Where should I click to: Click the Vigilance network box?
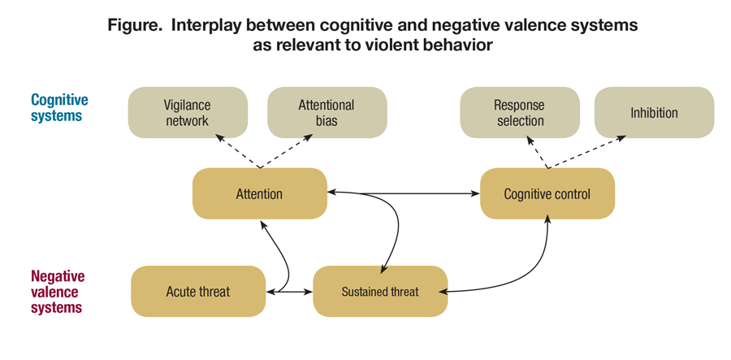187,112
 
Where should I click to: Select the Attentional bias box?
327,112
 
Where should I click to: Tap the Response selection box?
519,112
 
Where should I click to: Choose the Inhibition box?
654,112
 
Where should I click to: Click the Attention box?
259,193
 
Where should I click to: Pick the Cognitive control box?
547,193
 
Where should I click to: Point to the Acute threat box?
198,291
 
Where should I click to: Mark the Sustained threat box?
380,291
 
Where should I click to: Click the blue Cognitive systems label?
59,107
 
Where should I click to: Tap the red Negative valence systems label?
58,292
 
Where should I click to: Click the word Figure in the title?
135,25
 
